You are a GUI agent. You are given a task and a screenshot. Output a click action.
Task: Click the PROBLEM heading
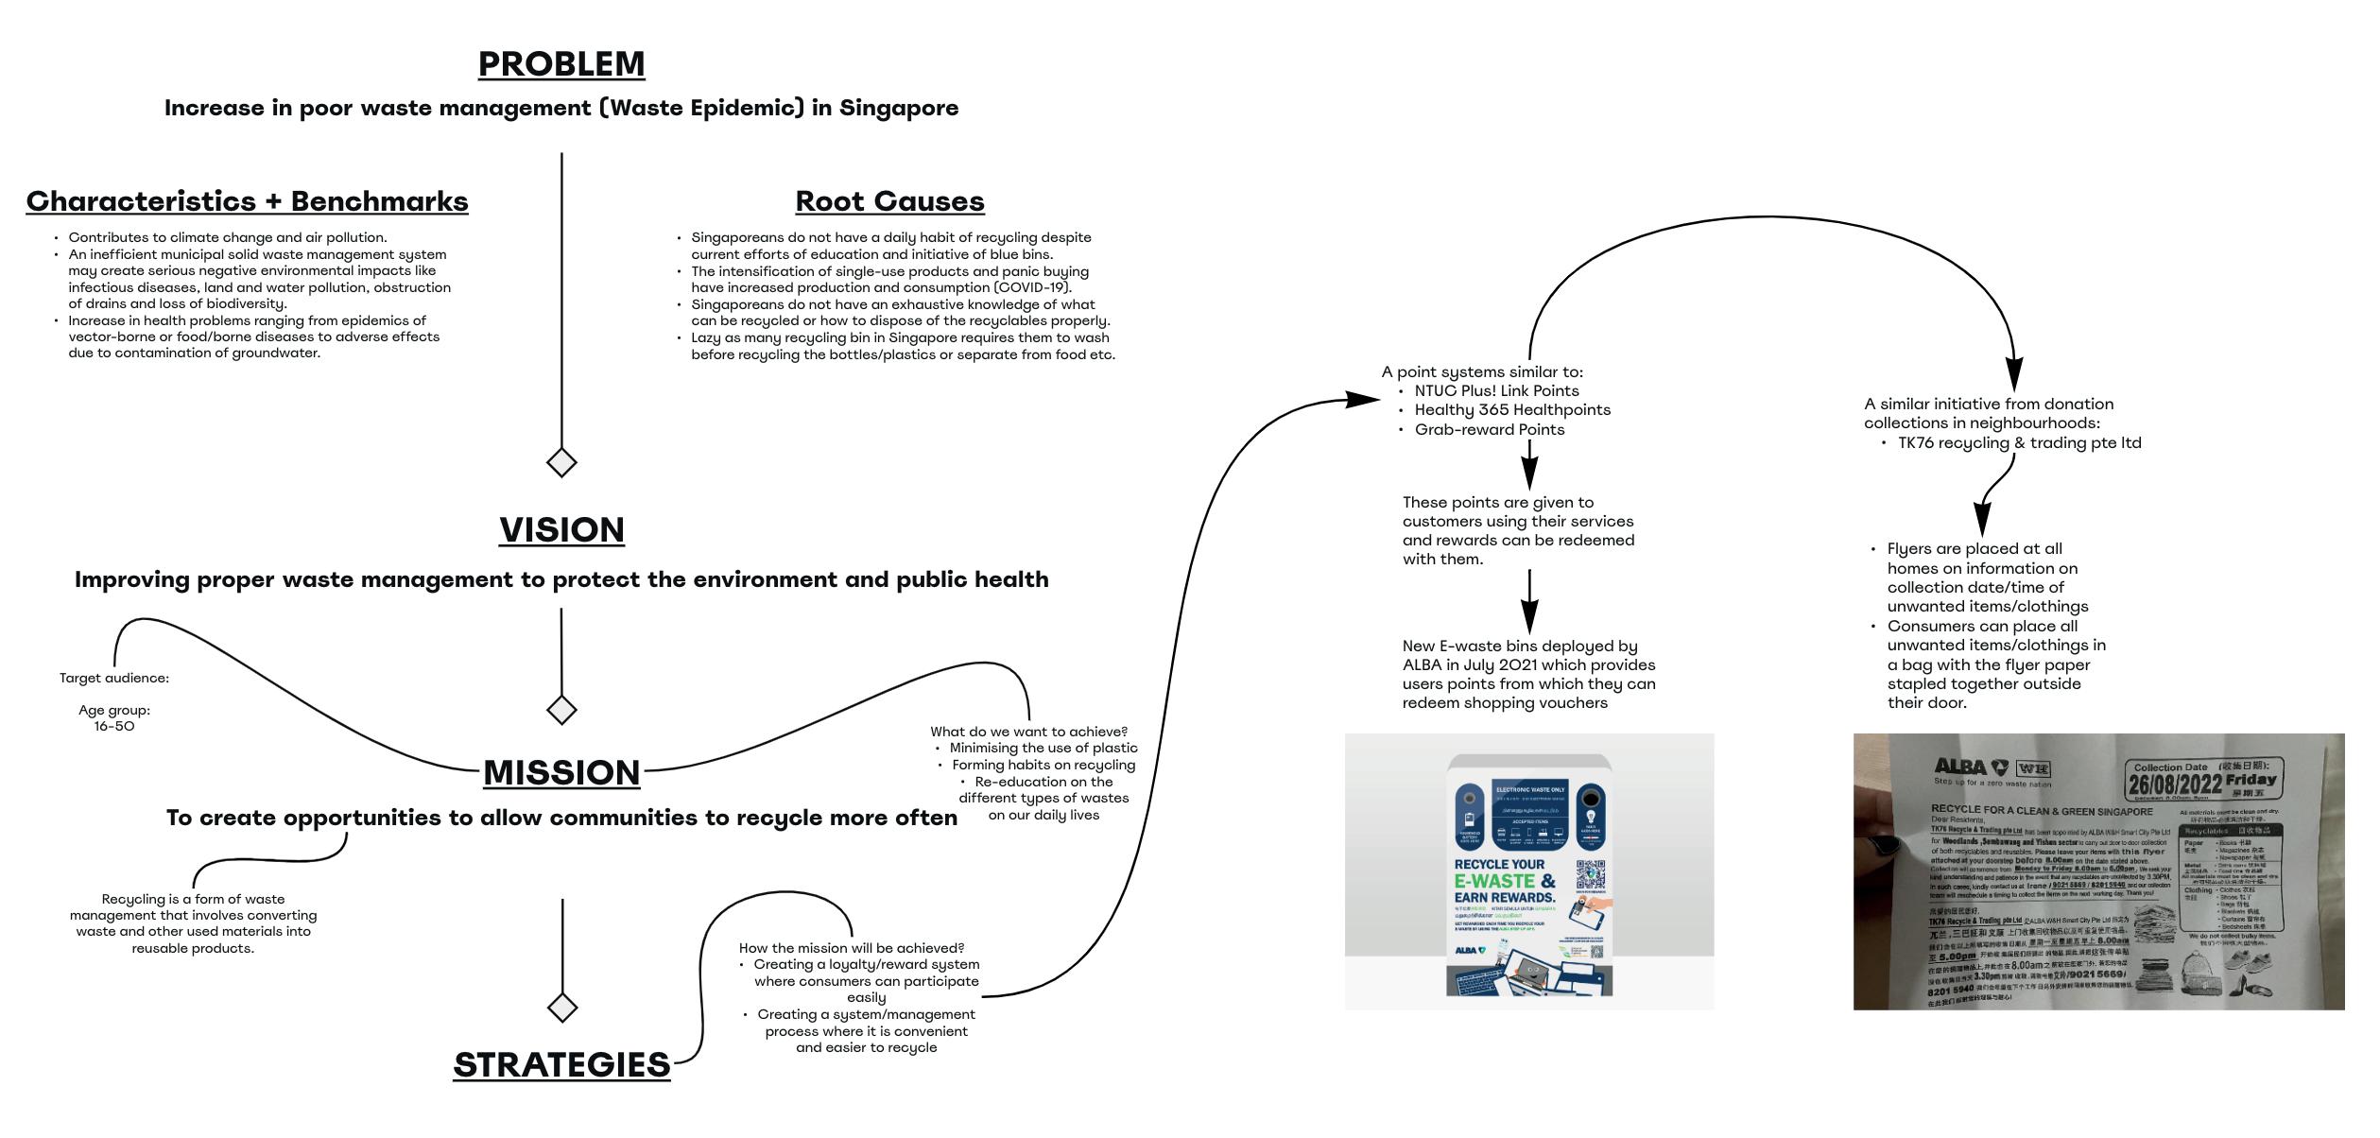coord(561,63)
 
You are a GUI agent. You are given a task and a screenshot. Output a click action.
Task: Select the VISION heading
coord(561,529)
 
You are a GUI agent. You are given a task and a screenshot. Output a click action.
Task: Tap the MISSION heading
coord(561,772)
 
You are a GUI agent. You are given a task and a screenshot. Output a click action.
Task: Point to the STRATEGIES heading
coord(561,1064)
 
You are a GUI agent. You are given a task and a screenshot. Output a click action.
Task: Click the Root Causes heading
coord(889,200)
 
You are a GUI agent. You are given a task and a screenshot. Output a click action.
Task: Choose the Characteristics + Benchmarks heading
coord(247,200)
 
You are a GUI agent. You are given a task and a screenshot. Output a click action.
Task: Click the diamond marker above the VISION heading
coord(561,462)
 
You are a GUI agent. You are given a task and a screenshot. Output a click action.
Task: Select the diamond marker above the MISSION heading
coord(561,709)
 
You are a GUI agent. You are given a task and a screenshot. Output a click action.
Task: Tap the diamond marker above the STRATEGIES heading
coord(561,1008)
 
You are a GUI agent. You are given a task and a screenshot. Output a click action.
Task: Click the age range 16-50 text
coord(113,726)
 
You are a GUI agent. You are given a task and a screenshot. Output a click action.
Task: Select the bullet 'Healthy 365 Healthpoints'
coord(1512,409)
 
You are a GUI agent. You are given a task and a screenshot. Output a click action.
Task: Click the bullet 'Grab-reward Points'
coord(1489,429)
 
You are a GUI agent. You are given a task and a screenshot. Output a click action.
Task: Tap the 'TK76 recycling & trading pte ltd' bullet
coord(2019,442)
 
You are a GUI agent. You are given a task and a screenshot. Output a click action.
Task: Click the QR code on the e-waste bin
coord(1590,874)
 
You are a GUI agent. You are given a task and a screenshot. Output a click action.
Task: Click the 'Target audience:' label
coord(113,678)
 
